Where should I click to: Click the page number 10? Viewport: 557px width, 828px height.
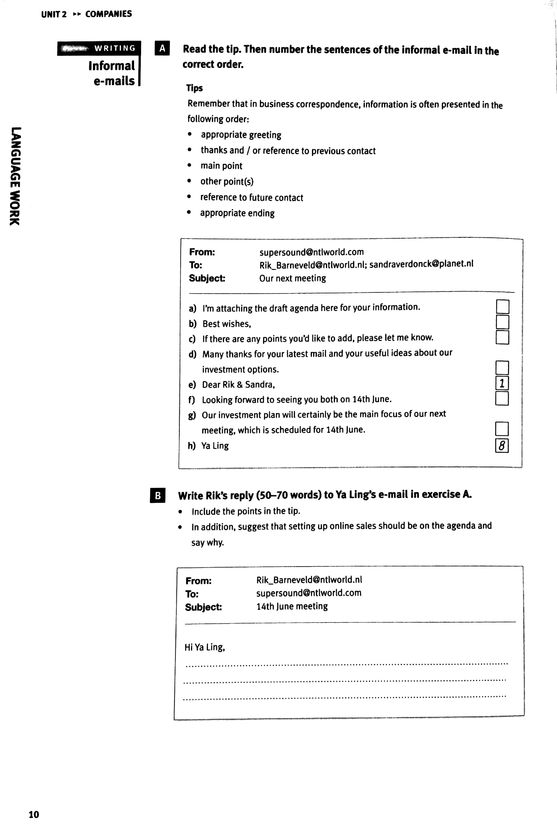pyautogui.click(x=34, y=814)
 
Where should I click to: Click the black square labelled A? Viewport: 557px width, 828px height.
pyautogui.click(x=162, y=48)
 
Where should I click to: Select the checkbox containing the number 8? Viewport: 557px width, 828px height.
pyautogui.click(x=502, y=445)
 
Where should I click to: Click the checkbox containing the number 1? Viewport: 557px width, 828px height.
pyautogui.click(x=502, y=383)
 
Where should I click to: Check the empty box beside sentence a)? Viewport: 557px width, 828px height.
pyautogui.click(x=502, y=306)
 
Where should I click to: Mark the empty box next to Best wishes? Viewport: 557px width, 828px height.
pyautogui.click(x=502, y=322)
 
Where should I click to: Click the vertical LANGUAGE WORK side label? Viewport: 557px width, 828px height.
pyautogui.click(x=15, y=176)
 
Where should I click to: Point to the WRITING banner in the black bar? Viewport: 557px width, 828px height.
pyautogui.click(x=114, y=48)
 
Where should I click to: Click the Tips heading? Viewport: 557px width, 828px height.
pyautogui.click(x=194, y=88)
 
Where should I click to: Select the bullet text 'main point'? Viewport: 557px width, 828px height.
pyautogui.click(x=221, y=166)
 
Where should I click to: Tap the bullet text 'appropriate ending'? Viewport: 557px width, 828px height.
pyautogui.click(x=237, y=213)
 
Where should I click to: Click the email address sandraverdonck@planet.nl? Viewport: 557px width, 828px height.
pyautogui.click(x=421, y=264)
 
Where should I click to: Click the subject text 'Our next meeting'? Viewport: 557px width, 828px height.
pyautogui.click(x=292, y=278)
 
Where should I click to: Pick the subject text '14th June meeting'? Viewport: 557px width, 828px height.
pyautogui.click(x=292, y=606)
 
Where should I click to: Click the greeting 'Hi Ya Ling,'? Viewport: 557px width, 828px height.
pyautogui.click(x=205, y=647)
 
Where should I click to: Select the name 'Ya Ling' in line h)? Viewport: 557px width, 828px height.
pyautogui.click(x=215, y=446)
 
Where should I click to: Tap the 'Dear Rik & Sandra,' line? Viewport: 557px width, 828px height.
pyautogui.click(x=238, y=385)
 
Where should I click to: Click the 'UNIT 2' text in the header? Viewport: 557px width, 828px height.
pyautogui.click(x=54, y=14)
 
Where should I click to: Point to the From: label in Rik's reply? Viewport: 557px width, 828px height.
pyautogui.click(x=198, y=581)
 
